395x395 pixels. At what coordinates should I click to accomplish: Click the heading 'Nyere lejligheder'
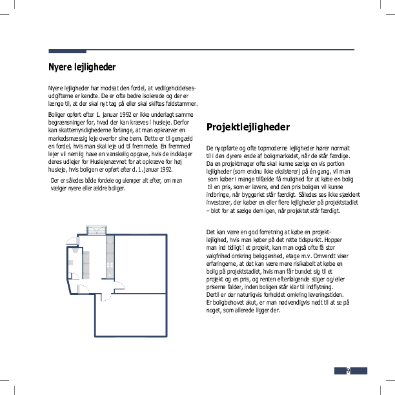[x=82, y=66]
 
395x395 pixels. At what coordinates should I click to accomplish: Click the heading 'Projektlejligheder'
[x=248, y=127]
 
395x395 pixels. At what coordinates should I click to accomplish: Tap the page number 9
[x=348, y=370]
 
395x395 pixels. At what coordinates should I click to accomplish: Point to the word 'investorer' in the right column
[x=221, y=202]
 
